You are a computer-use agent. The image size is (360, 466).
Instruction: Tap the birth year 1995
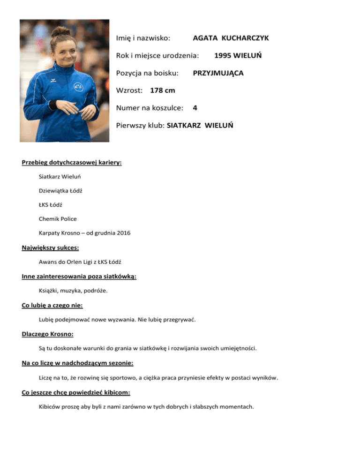click(x=224, y=55)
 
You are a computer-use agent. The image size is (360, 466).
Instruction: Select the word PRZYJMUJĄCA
click(x=218, y=73)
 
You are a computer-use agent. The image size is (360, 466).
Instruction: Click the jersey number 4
click(x=195, y=108)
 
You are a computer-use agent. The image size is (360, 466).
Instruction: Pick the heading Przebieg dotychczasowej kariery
click(x=72, y=163)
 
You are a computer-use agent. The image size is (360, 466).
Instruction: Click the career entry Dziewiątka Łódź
click(x=61, y=191)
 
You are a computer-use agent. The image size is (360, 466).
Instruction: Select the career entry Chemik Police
click(x=58, y=219)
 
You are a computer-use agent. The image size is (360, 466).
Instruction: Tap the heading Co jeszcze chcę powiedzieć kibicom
click(x=76, y=392)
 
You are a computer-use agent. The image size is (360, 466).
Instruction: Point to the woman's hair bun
click(x=59, y=31)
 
